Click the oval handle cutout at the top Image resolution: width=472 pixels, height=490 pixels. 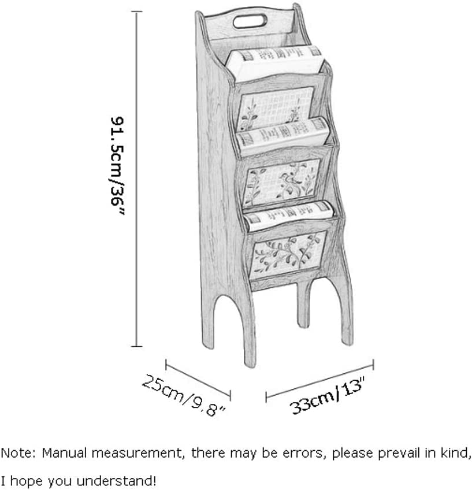click(x=250, y=22)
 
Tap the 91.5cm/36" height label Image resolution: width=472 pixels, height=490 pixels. click(x=119, y=166)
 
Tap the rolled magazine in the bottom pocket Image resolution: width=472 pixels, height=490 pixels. click(x=289, y=214)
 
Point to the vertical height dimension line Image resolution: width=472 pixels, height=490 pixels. click(x=137, y=179)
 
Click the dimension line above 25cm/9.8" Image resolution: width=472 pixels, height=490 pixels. click(x=198, y=378)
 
